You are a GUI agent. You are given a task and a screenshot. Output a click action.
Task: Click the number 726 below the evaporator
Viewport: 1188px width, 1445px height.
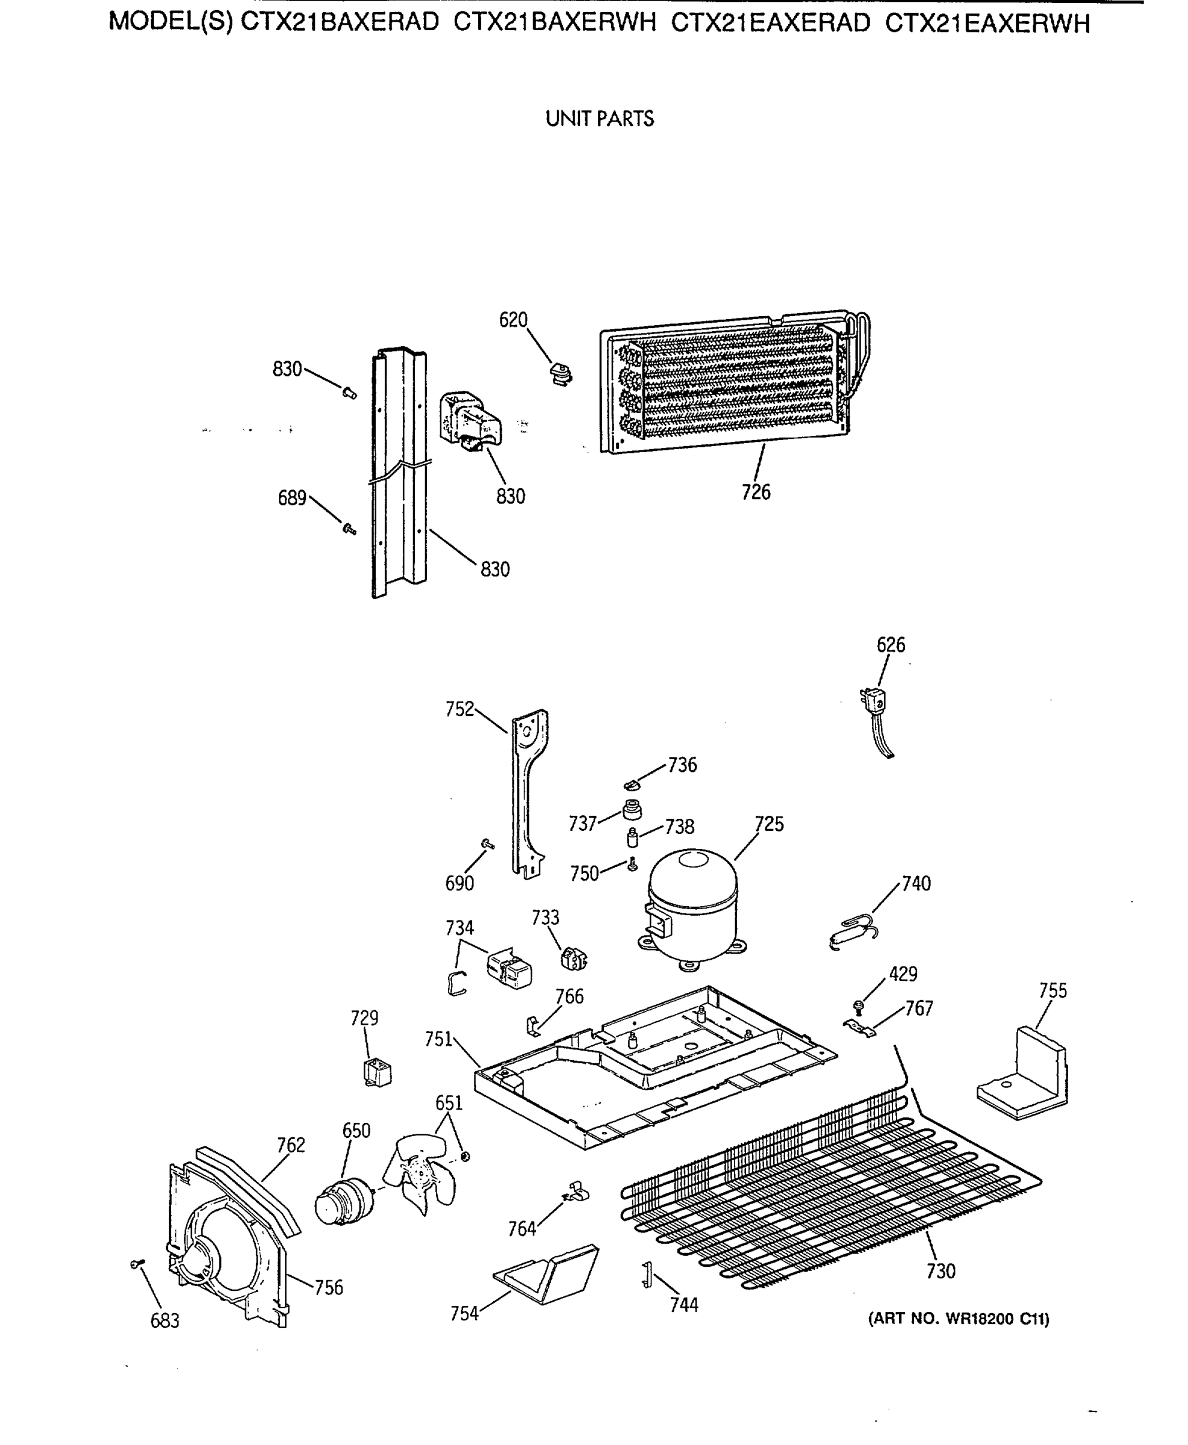[756, 492]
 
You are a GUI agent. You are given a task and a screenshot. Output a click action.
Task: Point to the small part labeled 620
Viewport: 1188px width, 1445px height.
[561, 375]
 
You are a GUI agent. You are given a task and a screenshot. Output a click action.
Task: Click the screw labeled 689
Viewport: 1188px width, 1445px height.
[349, 528]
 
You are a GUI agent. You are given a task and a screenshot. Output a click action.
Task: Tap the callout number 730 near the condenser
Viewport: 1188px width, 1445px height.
[941, 1271]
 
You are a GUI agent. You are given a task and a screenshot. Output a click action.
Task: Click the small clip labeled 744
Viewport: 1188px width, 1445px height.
[645, 1275]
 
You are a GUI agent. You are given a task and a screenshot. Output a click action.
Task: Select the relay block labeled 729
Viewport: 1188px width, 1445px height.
[376, 1072]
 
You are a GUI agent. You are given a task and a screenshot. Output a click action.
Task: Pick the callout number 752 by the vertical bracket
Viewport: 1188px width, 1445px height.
[459, 709]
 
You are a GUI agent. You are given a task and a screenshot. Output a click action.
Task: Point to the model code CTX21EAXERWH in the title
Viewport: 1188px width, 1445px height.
[987, 24]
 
